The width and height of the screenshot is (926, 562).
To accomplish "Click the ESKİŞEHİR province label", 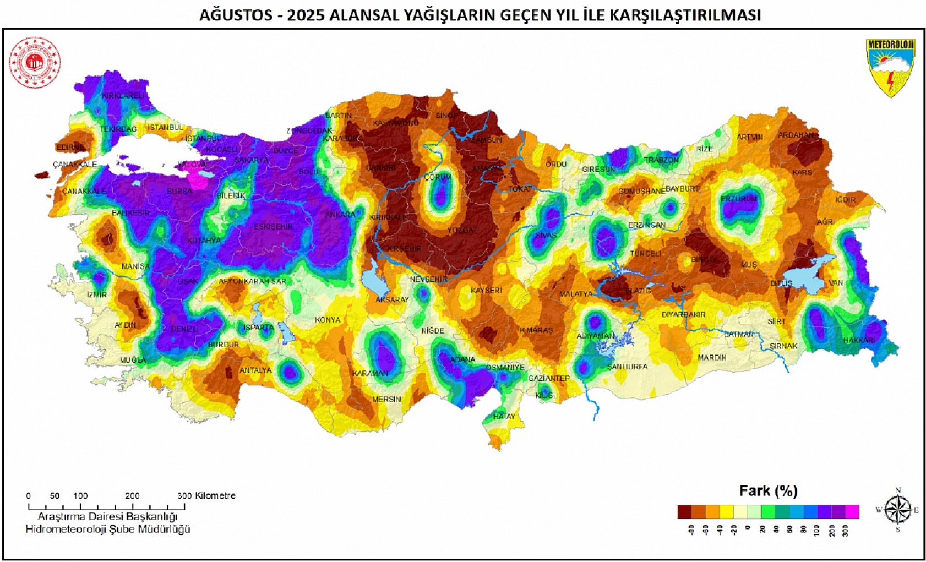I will point(273,227).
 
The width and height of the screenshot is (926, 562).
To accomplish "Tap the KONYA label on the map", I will point(328,320).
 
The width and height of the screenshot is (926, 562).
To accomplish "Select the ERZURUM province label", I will point(739,199).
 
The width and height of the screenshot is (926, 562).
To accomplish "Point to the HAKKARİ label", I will point(859,340).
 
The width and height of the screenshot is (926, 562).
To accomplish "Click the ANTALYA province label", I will point(255,370).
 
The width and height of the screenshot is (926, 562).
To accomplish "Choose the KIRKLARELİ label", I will point(123,96).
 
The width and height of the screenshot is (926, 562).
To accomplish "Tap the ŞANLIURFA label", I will point(627,367).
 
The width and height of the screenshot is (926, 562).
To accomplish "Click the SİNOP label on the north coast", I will point(446,116).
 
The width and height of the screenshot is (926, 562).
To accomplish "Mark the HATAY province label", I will point(504,416).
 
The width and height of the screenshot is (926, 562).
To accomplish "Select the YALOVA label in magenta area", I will point(192,165).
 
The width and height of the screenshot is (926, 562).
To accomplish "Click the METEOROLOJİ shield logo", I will point(890,68).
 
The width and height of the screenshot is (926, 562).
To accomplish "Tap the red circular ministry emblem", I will point(35,62).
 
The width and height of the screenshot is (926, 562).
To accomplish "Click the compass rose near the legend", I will point(897,510).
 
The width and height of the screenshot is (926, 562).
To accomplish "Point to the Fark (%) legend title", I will point(768,490).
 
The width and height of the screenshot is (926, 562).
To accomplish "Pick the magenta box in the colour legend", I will point(852,512).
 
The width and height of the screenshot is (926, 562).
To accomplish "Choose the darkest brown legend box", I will point(684,512).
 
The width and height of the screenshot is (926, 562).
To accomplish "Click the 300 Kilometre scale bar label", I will point(206,495).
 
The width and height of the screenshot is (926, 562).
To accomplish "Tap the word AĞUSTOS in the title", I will point(235,15).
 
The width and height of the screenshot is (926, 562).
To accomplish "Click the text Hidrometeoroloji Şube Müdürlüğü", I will point(108,530).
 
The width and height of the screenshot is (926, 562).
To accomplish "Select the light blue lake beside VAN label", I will point(805,274).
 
